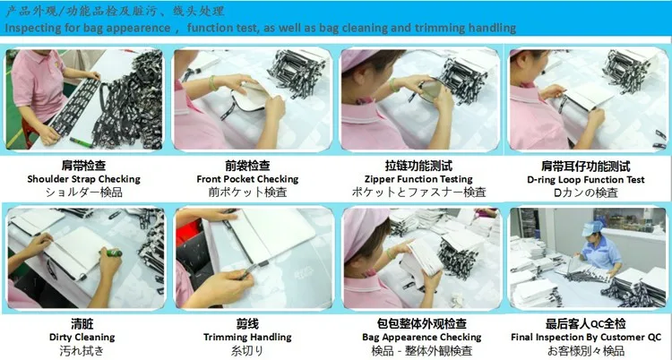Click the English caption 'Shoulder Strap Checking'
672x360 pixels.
(83, 179)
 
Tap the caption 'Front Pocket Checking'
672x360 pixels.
(247, 179)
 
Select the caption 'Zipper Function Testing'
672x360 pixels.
(418, 179)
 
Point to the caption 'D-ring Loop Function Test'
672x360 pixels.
(585, 180)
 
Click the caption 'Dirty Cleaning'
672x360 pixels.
(82, 338)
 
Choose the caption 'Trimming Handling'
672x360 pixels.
(247, 338)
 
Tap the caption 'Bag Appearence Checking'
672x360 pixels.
(422, 338)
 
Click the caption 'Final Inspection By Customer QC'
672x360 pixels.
(586, 338)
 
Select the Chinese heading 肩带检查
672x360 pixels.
(83, 166)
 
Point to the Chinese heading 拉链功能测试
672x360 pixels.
(418, 166)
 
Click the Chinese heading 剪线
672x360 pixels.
(247, 323)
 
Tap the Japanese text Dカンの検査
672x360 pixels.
(585, 193)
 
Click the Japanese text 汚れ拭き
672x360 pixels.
(82, 351)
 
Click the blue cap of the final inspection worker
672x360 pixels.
(592, 227)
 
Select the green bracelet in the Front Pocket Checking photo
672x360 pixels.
(213, 83)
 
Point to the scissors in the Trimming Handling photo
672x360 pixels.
(251, 270)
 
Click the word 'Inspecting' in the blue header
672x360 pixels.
(33, 29)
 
